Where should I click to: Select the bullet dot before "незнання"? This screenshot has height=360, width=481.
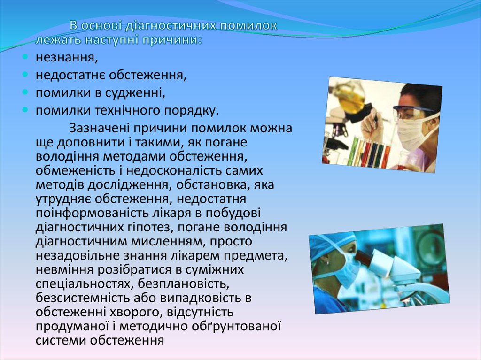pos(25,57)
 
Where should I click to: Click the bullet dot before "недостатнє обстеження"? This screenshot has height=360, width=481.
pos(25,74)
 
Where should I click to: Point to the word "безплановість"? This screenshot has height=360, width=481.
pos(184,283)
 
